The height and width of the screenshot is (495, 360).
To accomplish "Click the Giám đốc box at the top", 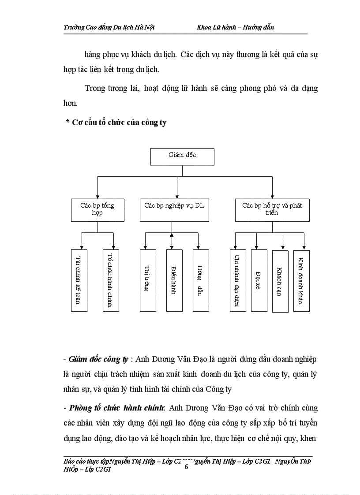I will pos(182,156).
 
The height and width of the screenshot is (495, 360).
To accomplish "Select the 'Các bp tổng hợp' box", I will pos(97,209).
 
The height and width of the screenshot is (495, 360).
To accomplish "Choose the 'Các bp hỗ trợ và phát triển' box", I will pos(272,209).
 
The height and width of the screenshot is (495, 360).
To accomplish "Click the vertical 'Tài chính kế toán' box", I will pos(79,280).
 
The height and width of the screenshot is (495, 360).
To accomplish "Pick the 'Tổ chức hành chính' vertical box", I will pos(111,280).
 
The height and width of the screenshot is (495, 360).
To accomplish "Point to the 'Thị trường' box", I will pos(148,280).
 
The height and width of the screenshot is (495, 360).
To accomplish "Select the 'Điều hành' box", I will pos(174,280).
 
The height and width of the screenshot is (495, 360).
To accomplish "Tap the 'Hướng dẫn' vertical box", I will pos(201,280).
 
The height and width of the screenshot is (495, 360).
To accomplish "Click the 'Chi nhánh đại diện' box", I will pos(238,280).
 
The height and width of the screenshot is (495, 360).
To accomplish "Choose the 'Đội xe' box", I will pos(259,280).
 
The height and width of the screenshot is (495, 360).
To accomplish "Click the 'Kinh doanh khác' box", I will pos(301,280).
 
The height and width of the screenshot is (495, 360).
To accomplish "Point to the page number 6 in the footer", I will pos(186,467).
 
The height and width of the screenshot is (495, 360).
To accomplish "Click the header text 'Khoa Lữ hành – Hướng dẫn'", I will pos(236,27).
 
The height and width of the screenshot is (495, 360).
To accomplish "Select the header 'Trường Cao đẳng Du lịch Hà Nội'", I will pos(109,27).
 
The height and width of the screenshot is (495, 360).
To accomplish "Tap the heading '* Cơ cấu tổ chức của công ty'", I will pos(116,123).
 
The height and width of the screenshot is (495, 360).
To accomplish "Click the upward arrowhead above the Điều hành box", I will pos(172,235).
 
